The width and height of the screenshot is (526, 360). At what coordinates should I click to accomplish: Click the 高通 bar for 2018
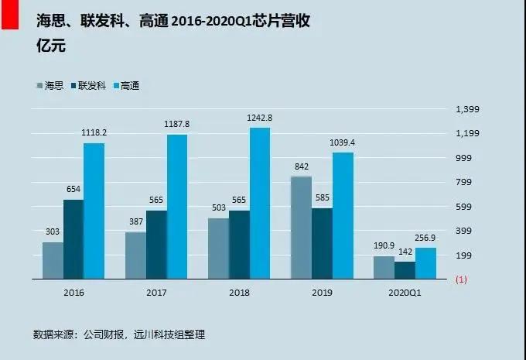click(x=260, y=203)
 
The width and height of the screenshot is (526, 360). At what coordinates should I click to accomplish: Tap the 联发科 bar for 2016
click(x=73, y=239)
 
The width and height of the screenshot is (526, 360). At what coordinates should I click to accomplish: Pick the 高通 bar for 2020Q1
click(x=425, y=263)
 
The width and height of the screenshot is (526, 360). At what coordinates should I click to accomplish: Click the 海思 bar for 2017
click(x=135, y=255)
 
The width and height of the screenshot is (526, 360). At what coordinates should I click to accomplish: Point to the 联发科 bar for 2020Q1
click(x=405, y=270)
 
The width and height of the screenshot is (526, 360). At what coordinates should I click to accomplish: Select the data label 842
click(x=301, y=166)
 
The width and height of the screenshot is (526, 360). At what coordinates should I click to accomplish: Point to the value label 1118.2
click(x=94, y=133)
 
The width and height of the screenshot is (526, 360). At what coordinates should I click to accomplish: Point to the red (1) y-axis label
click(x=462, y=279)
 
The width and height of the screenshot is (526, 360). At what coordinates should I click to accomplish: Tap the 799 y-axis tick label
click(x=464, y=182)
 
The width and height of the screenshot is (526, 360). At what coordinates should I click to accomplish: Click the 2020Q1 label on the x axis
click(x=405, y=293)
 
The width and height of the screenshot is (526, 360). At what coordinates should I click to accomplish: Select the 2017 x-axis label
click(x=156, y=293)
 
